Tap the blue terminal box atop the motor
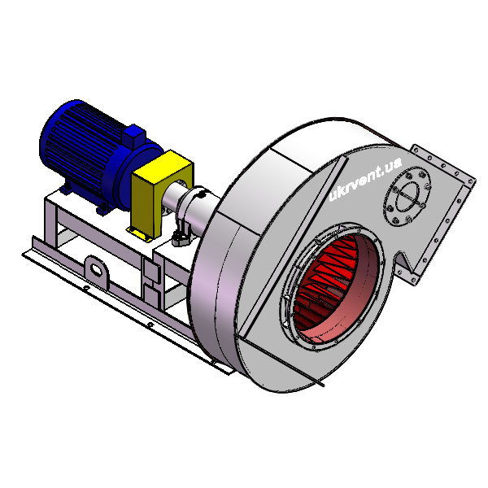coord(134,136)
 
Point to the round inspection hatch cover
coord(407,197)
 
